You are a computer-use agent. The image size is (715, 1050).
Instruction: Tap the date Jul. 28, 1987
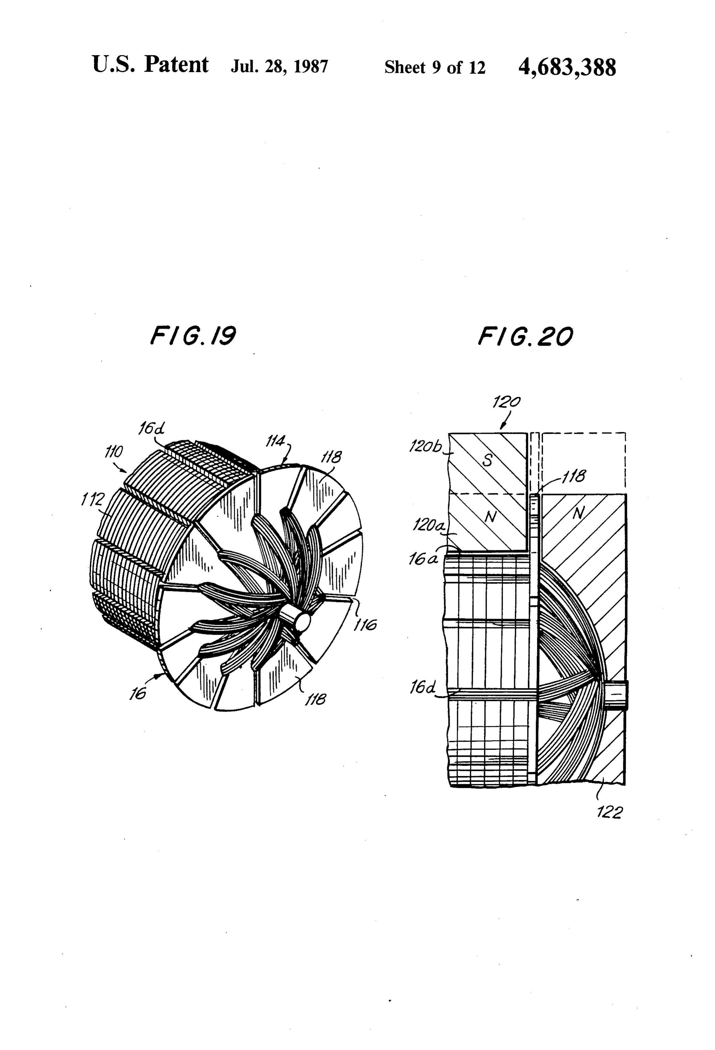click(279, 67)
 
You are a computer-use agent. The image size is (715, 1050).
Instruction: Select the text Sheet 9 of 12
click(435, 67)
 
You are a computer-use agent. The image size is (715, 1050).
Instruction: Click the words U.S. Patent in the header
click(150, 65)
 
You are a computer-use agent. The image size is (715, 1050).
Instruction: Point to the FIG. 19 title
click(193, 336)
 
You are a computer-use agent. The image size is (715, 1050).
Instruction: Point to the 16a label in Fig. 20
click(423, 559)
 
